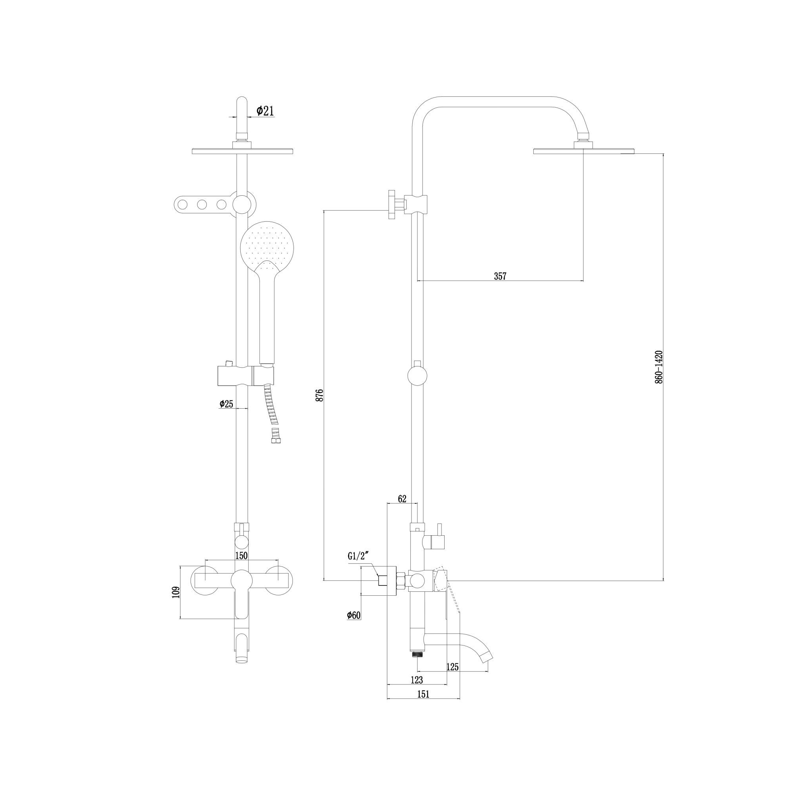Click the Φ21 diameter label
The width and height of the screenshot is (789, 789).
pos(265,110)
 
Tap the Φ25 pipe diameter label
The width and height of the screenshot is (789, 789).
pos(226,404)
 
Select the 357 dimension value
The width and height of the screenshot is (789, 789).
pos(500,276)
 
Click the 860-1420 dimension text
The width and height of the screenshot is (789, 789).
pos(658,366)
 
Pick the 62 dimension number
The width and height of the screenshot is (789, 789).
pos(402,499)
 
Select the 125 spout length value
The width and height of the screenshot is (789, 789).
pos(452,667)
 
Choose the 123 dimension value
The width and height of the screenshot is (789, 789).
pos(417,680)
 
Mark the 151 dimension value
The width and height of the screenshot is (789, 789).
pos(423,694)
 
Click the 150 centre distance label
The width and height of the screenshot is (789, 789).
pos(241,555)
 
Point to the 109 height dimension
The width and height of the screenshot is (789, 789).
pos(176,592)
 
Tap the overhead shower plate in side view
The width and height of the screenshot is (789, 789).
pos(584,151)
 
